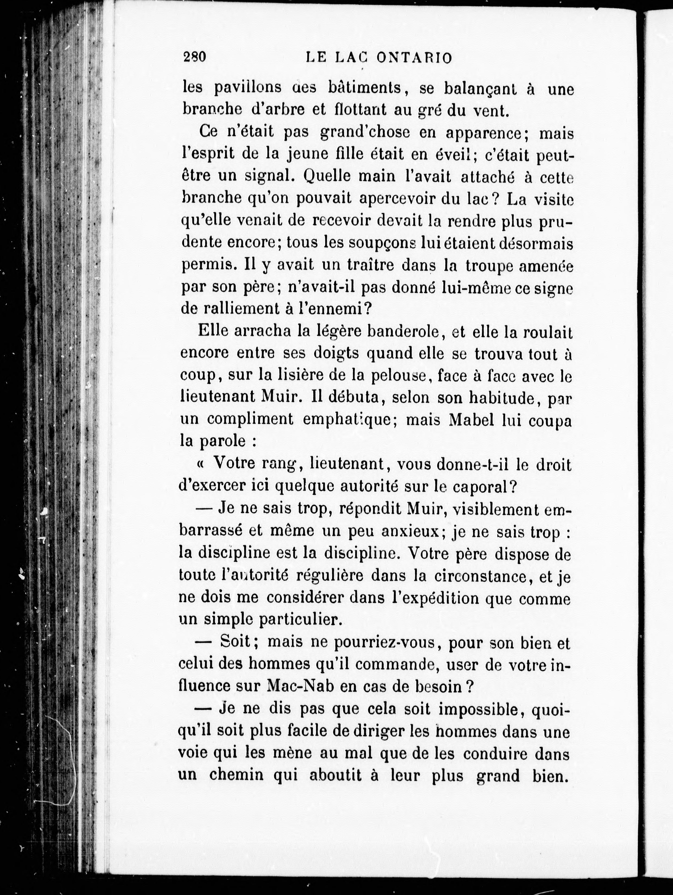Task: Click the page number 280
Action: point(195,57)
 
